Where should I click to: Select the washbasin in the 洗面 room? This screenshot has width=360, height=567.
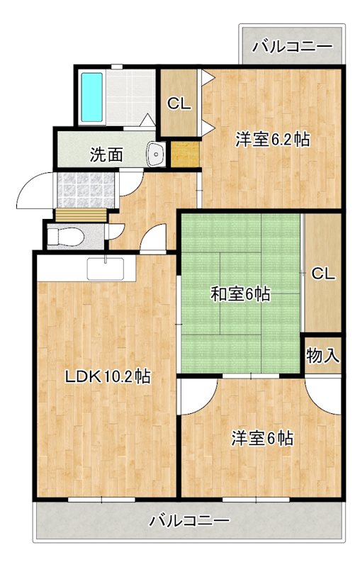point(155,153)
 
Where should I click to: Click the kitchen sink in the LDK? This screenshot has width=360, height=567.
point(105,269)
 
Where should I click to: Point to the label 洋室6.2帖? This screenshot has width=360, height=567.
point(273,140)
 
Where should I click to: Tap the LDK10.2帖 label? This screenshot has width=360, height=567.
point(107,376)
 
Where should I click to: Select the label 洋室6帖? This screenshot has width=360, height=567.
point(261,438)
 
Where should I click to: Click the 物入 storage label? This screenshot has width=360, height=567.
point(322,354)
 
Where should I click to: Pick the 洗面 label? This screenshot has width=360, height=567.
point(107,154)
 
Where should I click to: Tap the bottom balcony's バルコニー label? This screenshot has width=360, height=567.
point(189,521)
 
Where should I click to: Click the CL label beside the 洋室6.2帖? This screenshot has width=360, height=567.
point(179,103)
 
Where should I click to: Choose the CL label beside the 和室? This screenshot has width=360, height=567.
point(322,274)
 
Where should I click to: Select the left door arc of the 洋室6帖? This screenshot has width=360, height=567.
point(197,395)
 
